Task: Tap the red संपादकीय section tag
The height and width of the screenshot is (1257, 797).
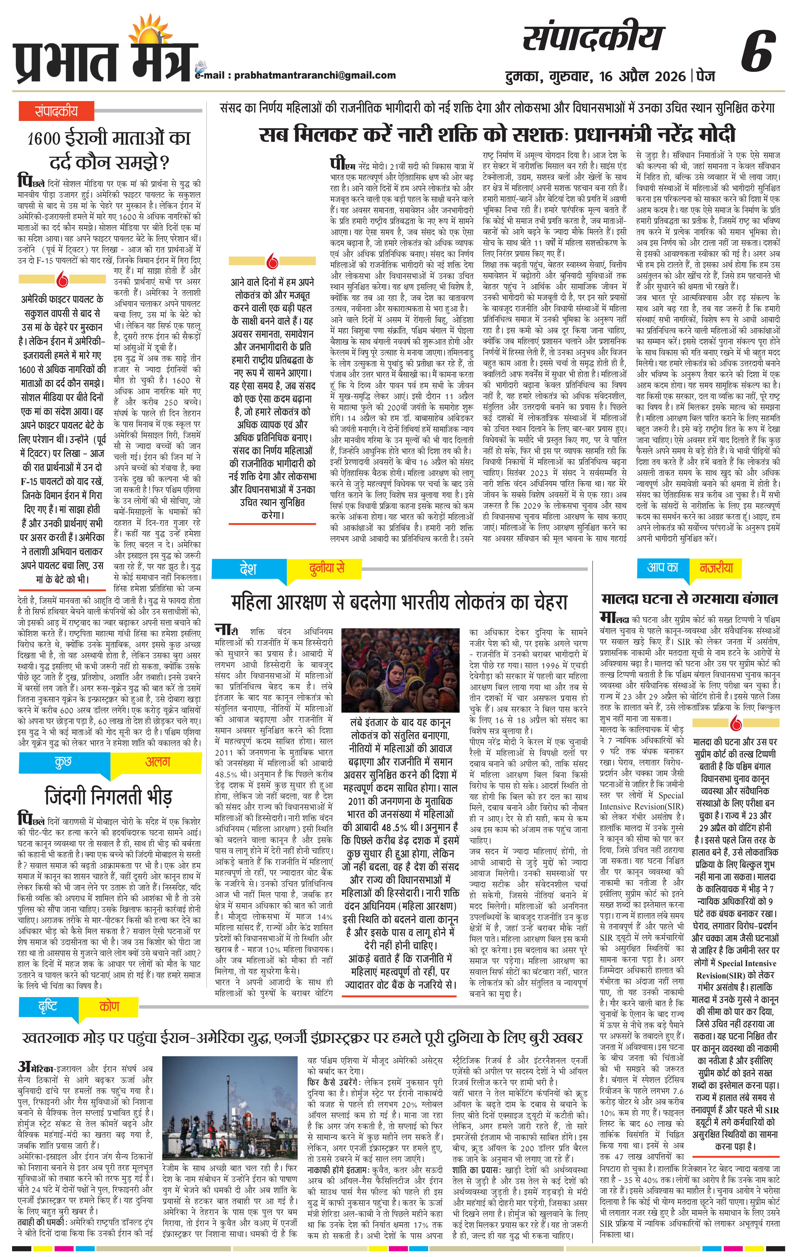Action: [x=56, y=111]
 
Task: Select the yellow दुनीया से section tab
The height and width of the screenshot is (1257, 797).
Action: [x=326, y=569]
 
